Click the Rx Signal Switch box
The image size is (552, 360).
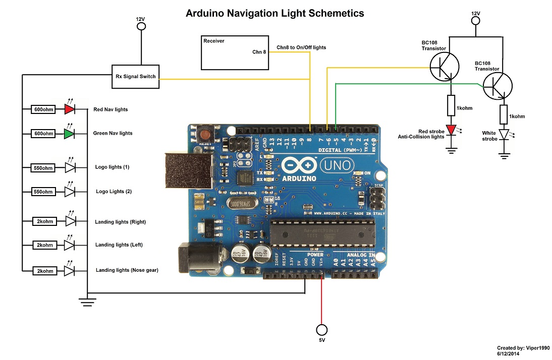click(135, 77)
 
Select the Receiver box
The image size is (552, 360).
click(235, 52)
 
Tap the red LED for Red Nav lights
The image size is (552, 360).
click(69, 109)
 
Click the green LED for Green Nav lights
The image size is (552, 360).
click(69, 133)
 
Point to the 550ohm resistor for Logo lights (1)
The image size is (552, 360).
click(43, 167)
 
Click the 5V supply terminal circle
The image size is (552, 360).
click(321, 330)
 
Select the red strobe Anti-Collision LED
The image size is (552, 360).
click(451, 130)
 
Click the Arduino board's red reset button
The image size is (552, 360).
click(205, 135)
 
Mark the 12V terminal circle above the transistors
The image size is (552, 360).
click(475, 21)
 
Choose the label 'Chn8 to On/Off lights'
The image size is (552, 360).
click(301, 47)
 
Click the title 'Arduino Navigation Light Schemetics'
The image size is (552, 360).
click(275, 13)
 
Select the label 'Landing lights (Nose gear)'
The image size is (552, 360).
click(127, 270)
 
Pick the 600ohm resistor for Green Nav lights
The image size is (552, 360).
click(43, 133)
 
